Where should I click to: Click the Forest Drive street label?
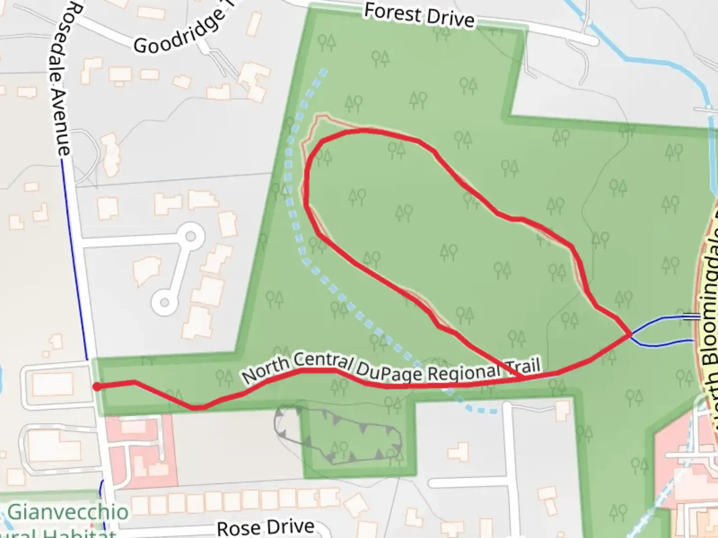point(419,15)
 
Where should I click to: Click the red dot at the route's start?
point(97,387)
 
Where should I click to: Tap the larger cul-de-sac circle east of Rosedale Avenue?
point(190,238)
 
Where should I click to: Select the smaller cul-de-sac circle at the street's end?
point(165,302)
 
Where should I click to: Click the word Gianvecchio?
point(68,512)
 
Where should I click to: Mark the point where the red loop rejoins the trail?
point(521,380)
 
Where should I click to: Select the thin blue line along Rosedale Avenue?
point(75,259)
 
